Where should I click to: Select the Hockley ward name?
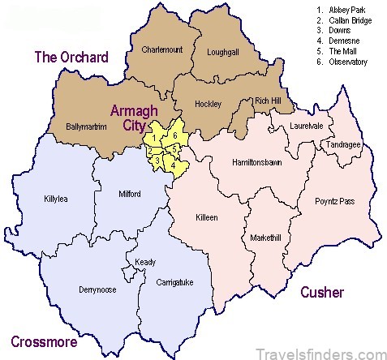point(208,105)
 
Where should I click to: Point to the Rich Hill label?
point(269,101)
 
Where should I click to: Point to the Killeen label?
point(208,217)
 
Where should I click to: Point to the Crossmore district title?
point(45,340)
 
